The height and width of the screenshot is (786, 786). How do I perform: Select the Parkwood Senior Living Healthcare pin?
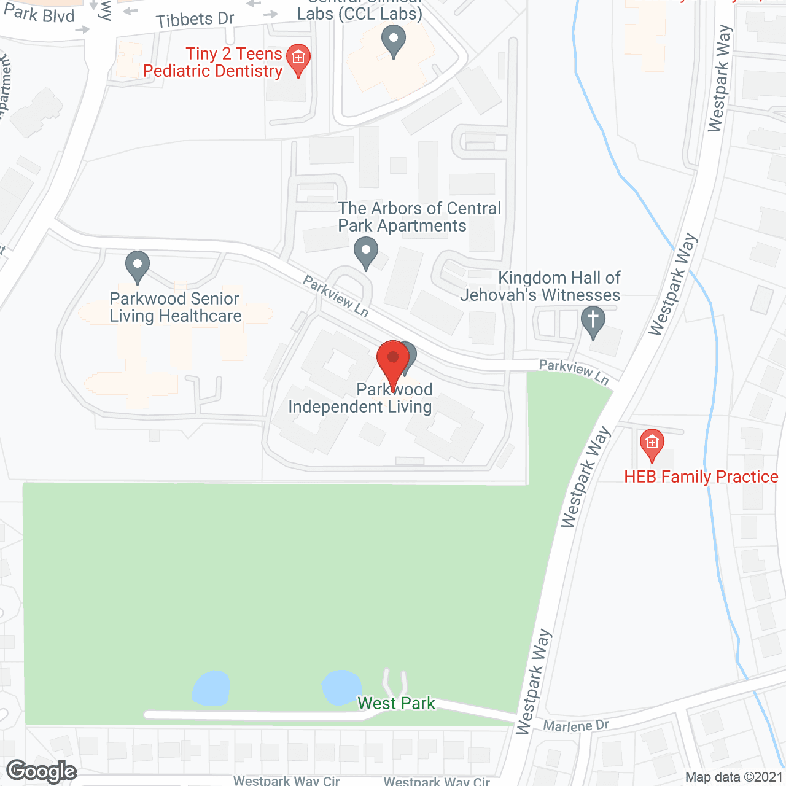(138, 267)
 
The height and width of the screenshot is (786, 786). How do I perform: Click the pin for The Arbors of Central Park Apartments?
(367, 252)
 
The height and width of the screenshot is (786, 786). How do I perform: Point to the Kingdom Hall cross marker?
(593, 322)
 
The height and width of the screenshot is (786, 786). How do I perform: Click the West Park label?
(396, 703)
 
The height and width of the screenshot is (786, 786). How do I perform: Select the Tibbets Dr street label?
(195, 20)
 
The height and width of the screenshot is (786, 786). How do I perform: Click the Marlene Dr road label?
(576, 726)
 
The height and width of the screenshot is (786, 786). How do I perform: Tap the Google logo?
(42, 771)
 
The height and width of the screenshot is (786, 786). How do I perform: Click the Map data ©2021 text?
(734, 777)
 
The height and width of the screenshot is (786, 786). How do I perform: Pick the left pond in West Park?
(211, 688)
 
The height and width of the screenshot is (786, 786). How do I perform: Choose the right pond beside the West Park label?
(341, 686)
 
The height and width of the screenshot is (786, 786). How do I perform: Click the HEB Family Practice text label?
(701, 477)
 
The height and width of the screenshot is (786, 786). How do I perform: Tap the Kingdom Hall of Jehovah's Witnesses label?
(540, 286)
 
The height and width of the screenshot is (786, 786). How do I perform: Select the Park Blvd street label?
(39, 14)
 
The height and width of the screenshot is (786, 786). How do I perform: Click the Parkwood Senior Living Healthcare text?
(175, 307)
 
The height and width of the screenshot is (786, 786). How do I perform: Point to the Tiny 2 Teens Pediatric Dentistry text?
(212, 63)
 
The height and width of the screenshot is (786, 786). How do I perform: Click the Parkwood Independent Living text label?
(360, 399)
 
